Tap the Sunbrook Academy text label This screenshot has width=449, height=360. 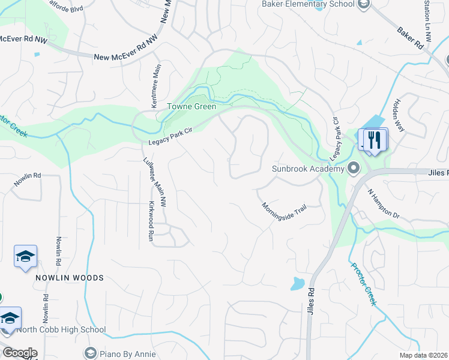(x=307, y=169)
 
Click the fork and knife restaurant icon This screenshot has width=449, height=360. (x=375, y=140)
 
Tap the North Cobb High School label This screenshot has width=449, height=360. (x=61, y=329)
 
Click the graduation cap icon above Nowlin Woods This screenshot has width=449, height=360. (x=25, y=257)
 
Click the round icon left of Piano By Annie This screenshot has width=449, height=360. (x=91, y=353)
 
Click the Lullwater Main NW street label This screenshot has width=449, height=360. (x=155, y=182)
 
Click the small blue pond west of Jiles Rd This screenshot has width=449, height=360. (x=298, y=283)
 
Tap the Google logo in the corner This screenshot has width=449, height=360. (x=19, y=353)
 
